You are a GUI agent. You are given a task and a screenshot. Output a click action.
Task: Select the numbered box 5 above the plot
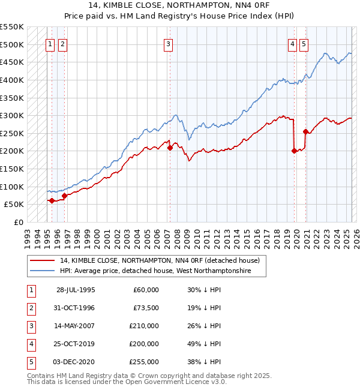click(304, 43)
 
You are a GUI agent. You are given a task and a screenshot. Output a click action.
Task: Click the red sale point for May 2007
click(170, 148)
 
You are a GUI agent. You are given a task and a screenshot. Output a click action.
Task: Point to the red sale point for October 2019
click(294, 151)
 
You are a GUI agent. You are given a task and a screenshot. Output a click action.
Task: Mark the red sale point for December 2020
click(306, 131)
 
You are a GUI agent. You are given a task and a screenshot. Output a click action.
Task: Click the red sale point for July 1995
click(52, 201)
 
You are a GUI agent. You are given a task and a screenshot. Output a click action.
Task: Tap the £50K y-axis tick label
click(14, 205)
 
